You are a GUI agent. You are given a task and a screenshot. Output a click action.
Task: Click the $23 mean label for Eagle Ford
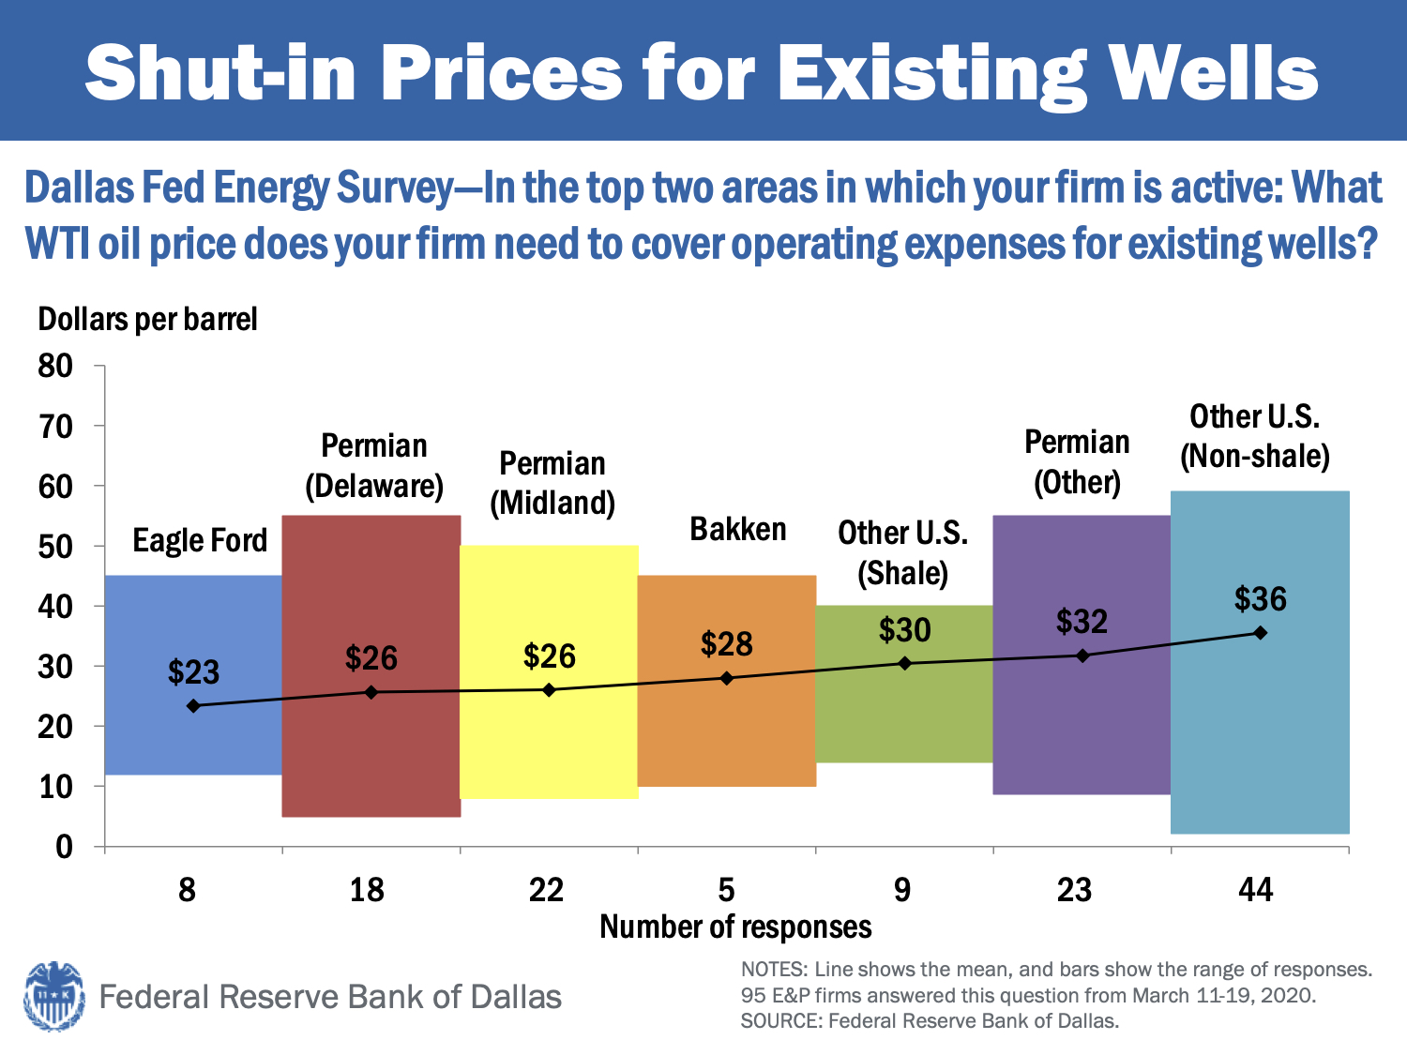pyautogui.click(x=193, y=672)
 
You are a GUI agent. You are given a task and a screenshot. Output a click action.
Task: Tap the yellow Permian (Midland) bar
pyautogui.click(x=549, y=741)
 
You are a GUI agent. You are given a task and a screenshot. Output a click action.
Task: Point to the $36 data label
pyautogui.click(x=1260, y=599)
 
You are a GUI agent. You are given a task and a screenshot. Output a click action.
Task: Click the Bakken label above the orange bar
pyautogui.click(x=738, y=530)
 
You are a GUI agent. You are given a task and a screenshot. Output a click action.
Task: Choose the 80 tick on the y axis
pyautogui.click(x=55, y=366)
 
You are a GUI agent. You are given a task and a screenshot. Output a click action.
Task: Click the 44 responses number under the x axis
pyautogui.click(x=1256, y=889)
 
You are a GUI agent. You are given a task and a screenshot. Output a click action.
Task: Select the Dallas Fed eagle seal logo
pyautogui.click(x=54, y=996)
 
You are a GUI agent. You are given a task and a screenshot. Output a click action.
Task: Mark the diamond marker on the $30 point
pyautogui.click(x=905, y=663)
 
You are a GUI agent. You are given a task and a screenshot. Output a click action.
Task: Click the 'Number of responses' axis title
pyautogui.click(x=735, y=927)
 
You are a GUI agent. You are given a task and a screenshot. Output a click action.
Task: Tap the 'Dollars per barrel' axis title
pyautogui.click(x=147, y=320)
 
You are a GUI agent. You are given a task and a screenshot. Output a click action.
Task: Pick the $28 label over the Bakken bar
pyautogui.click(x=727, y=644)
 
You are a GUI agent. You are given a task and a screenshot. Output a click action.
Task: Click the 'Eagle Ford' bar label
pyautogui.click(x=200, y=541)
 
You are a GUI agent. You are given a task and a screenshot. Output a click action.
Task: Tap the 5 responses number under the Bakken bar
pyautogui.click(x=727, y=889)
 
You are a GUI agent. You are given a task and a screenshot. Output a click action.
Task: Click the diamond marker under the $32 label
pyautogui.click(x=1082, y=656)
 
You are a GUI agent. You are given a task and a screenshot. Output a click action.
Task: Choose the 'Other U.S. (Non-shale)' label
pyautogui.click(x=1255, y=436)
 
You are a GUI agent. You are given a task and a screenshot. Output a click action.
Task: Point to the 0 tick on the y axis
pyautogui.click(x=64, y=847)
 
